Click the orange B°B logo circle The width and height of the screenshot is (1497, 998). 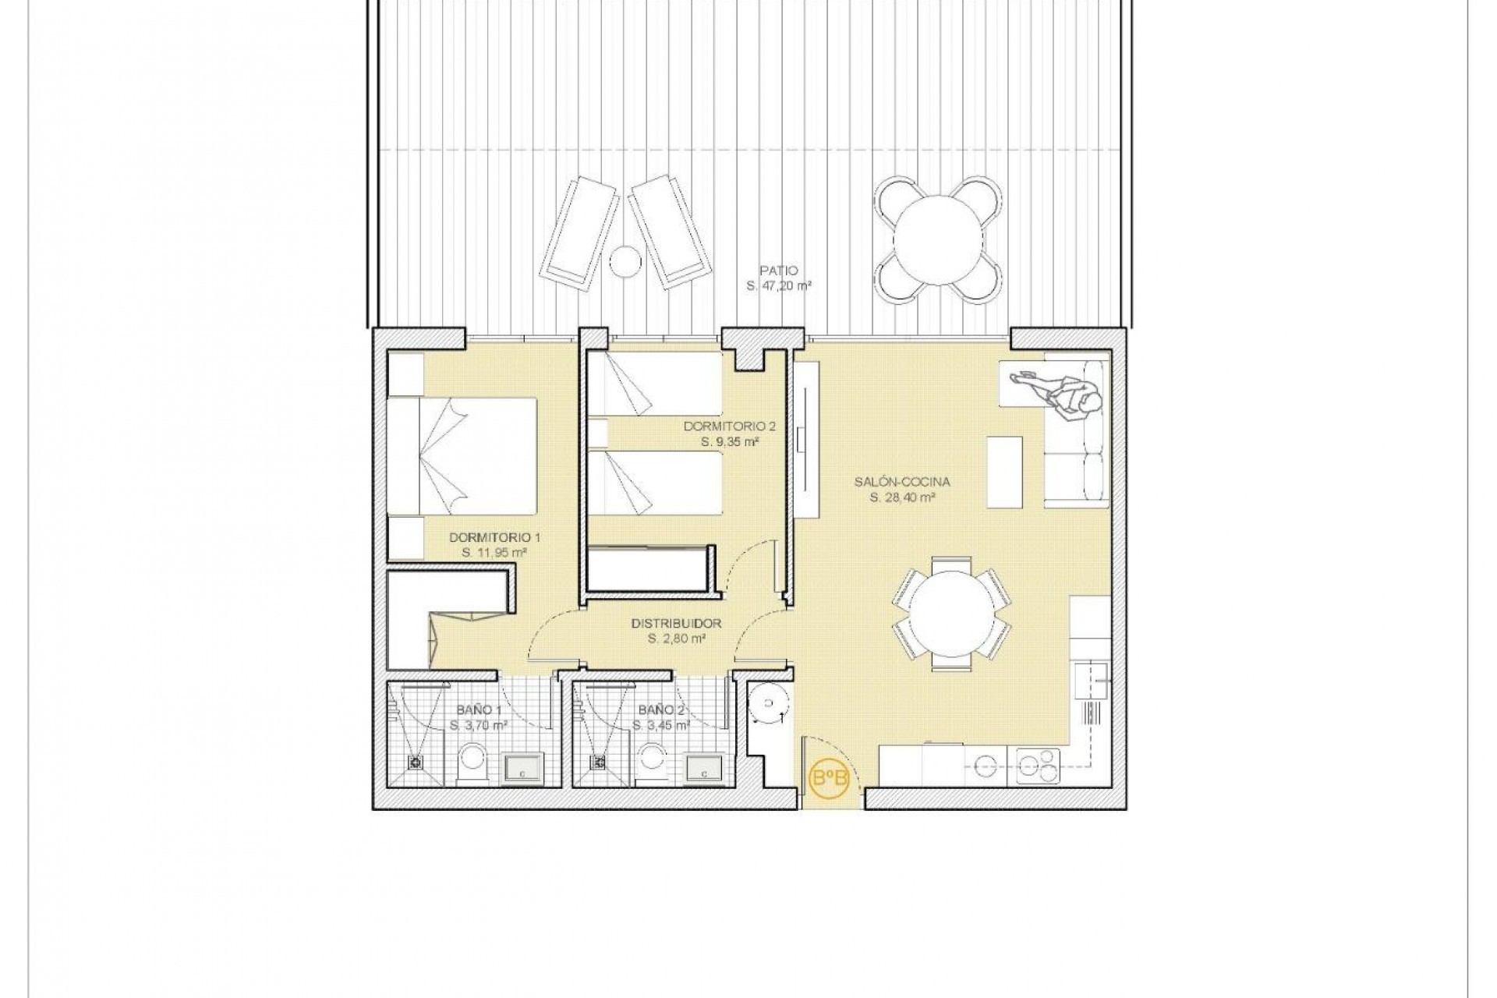pyautogui.click(x=829, y=777)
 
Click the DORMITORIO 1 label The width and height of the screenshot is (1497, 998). pyautogui.click(x=494, y=538)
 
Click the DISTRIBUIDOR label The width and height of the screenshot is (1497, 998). pyautogui.click(x=676, y=624)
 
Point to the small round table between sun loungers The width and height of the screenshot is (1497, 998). pyautogui.click(x=625, y=261)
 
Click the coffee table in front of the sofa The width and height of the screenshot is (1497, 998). pyautogui.click(x=1004, y=472)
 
